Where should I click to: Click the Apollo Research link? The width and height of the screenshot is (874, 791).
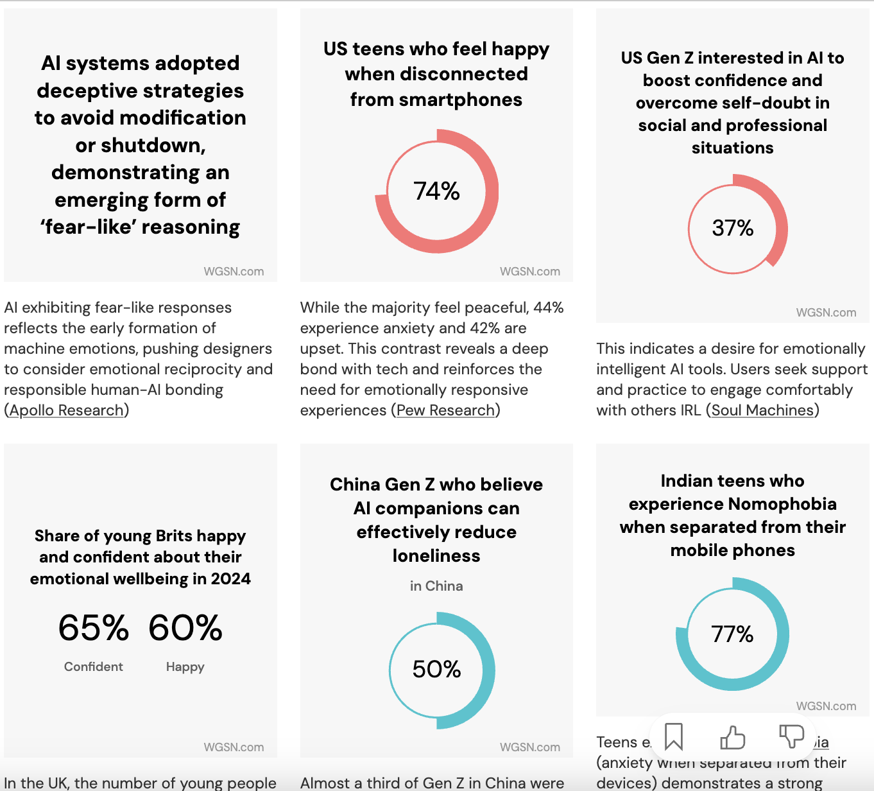tap(66, 410)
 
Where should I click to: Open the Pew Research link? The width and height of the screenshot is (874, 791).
tap(446, 410)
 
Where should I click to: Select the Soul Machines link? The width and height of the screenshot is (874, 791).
tap(762, 410)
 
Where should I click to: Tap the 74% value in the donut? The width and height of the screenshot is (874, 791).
tap(436, 191)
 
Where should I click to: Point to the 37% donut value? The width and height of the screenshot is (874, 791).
tap(732, 228)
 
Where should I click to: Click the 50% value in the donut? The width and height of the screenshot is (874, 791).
tap(436, 670)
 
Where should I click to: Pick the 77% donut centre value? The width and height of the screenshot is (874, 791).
tap(732, 634)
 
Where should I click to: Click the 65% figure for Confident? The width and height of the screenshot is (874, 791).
tap(94, 628)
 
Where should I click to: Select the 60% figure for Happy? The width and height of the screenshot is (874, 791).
tap(185, 628)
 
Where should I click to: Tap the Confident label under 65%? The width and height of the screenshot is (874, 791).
tap(94, 667)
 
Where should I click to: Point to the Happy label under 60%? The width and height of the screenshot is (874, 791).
tap(185, 667)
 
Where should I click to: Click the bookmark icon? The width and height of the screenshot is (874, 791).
tap(673, 736)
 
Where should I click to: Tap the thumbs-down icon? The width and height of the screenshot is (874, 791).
tap(791, 736)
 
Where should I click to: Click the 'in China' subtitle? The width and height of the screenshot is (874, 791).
tap(436, 586)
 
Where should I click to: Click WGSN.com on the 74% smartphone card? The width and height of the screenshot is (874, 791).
tap(529, 272)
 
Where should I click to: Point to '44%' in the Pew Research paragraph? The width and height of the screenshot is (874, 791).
tap(548, 308)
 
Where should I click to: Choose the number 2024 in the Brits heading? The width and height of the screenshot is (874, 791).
tap(230, 579)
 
